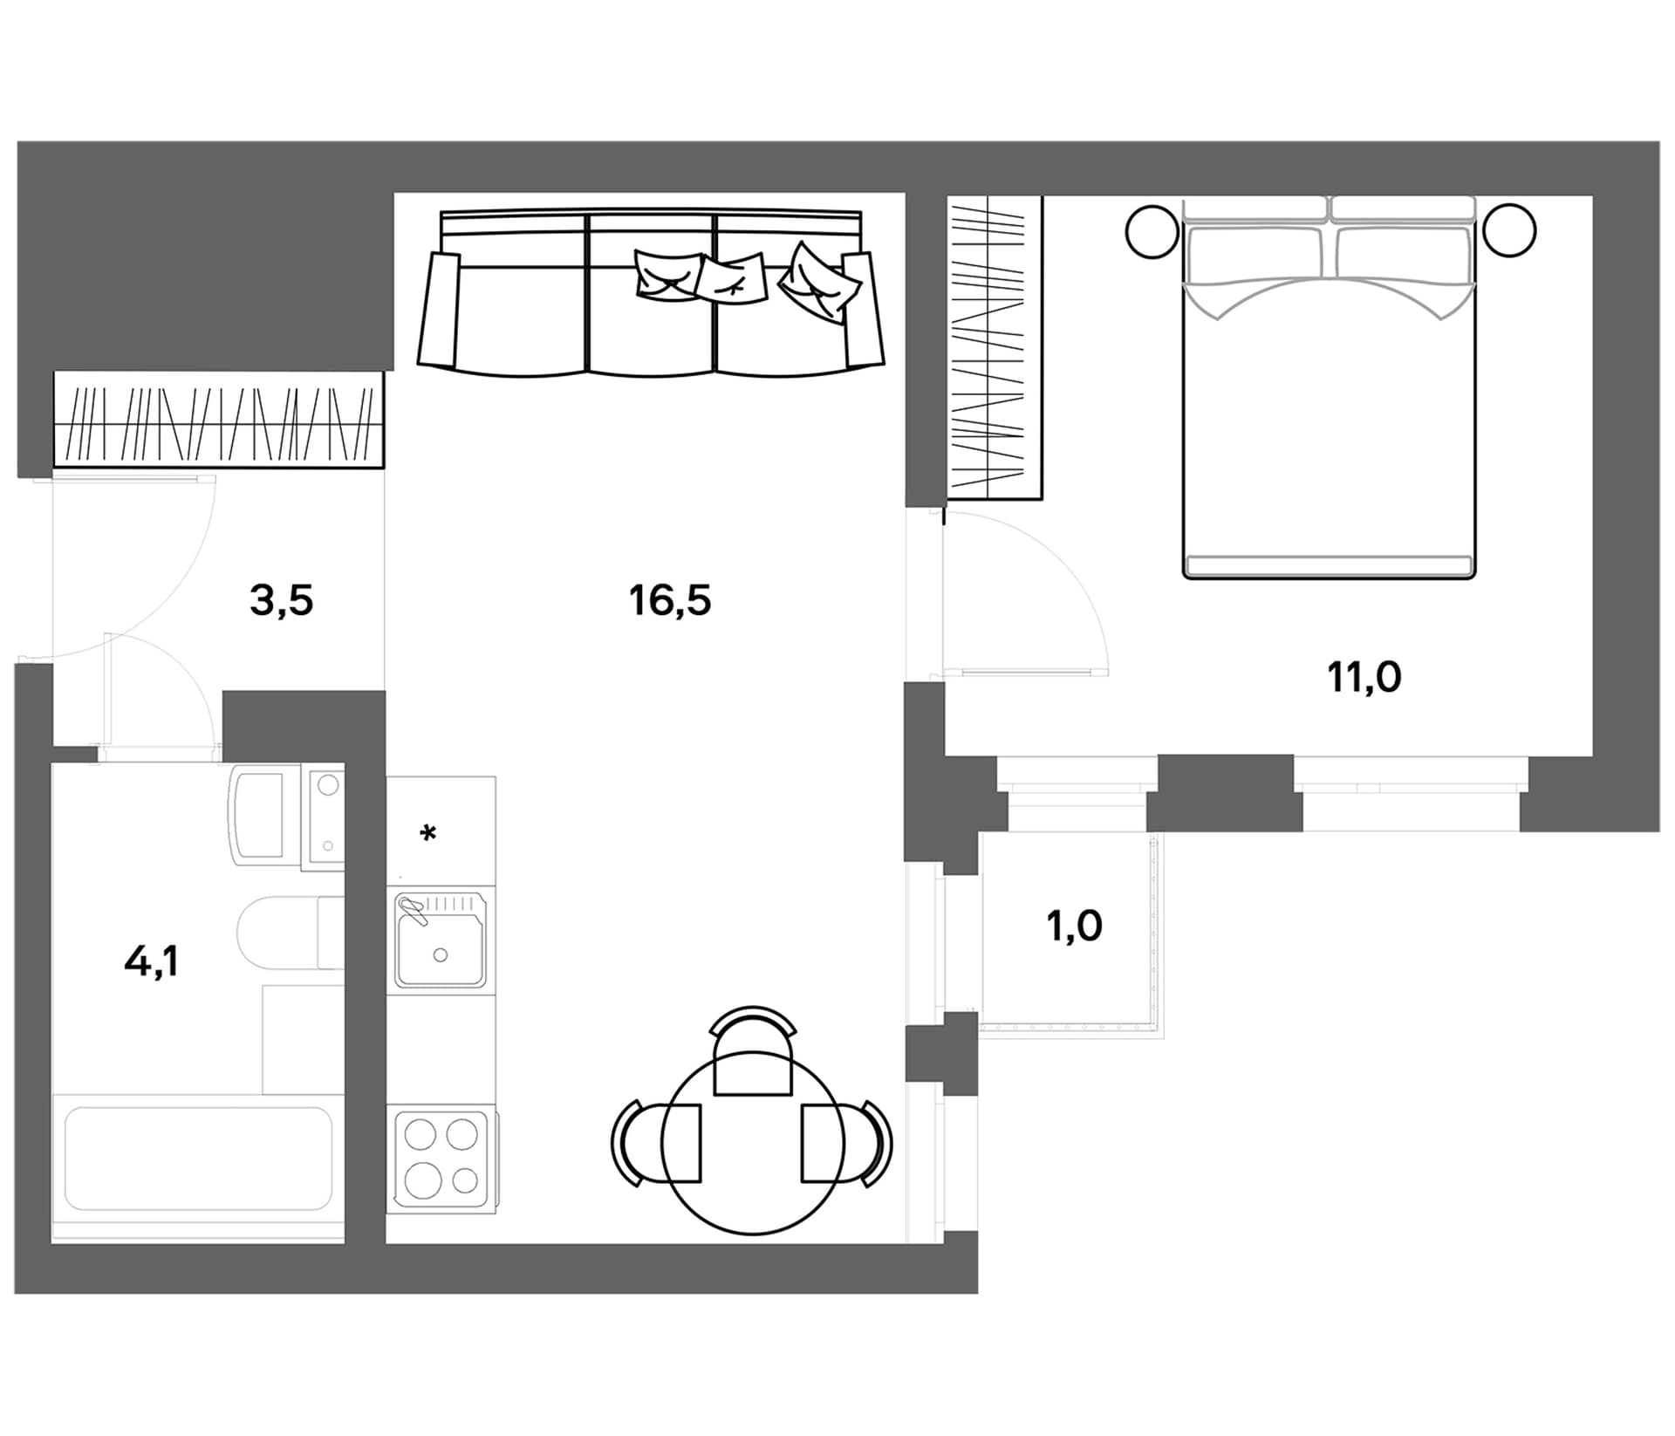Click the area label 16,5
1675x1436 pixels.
[x=670, y=601]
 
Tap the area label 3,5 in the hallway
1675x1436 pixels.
[x=281, y=601]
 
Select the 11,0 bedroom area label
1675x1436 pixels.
[x=1364, y=677]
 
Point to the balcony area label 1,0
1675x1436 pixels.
[x=1074, y=926]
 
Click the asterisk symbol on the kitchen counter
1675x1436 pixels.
[x=427, y=834]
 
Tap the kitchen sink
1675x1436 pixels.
[x=441, y=940]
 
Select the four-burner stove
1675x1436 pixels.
[x=441, y=1156]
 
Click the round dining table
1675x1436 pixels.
[x=753, y=1143]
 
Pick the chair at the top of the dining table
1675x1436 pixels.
[x=753, y=1050]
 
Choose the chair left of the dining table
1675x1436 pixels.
[x=656, y=1143]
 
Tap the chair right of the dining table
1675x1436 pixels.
[x=847, y=1143]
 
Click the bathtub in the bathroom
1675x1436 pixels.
[x=198, y=1159]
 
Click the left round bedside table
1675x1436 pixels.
[x=1152, y=232]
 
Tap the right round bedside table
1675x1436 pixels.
[x=1509, y=230]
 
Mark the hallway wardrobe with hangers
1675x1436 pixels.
[x=219, y=420]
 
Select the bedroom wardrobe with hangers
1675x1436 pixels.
[x=995, y=348]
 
